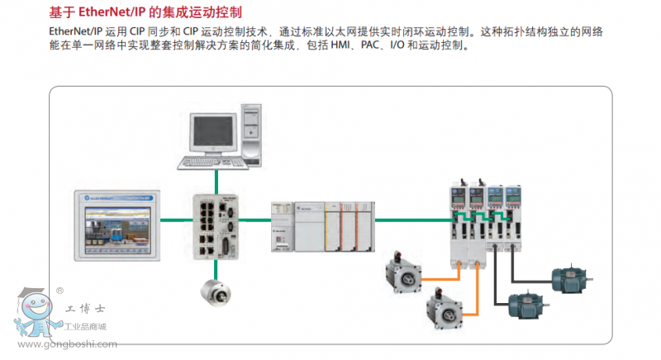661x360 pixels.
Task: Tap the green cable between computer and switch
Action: click(216, 178)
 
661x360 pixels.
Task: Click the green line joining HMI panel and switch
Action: click(175, 220)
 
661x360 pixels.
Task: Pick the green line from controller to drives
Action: click(412, 220)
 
